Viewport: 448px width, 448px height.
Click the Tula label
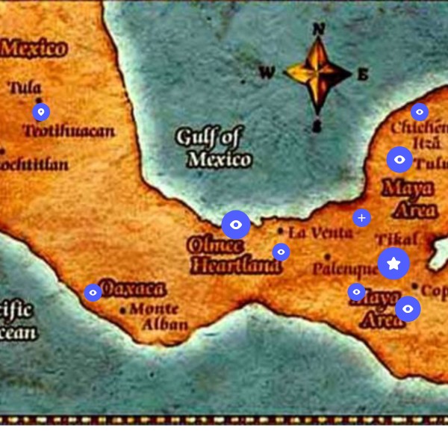(x=25, y=88)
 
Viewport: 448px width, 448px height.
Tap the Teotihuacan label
(x=69, y=132)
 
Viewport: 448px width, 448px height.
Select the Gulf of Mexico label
(x=213, y=147)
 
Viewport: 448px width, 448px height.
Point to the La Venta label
(x=321, y=233)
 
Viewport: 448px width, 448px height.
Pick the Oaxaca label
(x=132, y=290)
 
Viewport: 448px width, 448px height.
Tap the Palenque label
(x=345, y=269)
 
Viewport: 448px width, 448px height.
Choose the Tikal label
(x=396, y=240)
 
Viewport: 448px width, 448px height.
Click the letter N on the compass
(x=319, y=29)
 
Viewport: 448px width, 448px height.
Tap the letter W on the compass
(x=267, y=73)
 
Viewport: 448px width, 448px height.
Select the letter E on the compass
(x=363, y=74)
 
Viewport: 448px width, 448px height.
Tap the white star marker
(x=393, y=264)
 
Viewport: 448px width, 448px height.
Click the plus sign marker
(x=361, y=218)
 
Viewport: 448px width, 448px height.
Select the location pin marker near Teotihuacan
(x=41, y=112)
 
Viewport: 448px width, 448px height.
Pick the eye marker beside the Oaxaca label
(x=93, y=293)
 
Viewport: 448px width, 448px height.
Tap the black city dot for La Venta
(x=281, y=231)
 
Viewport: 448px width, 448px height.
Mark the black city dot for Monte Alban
(x=123, y=310)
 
